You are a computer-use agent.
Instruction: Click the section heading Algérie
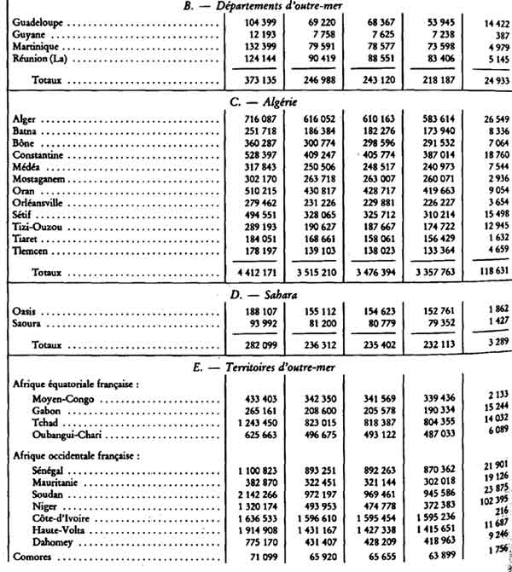276,101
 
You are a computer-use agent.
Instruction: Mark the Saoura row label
32,324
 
